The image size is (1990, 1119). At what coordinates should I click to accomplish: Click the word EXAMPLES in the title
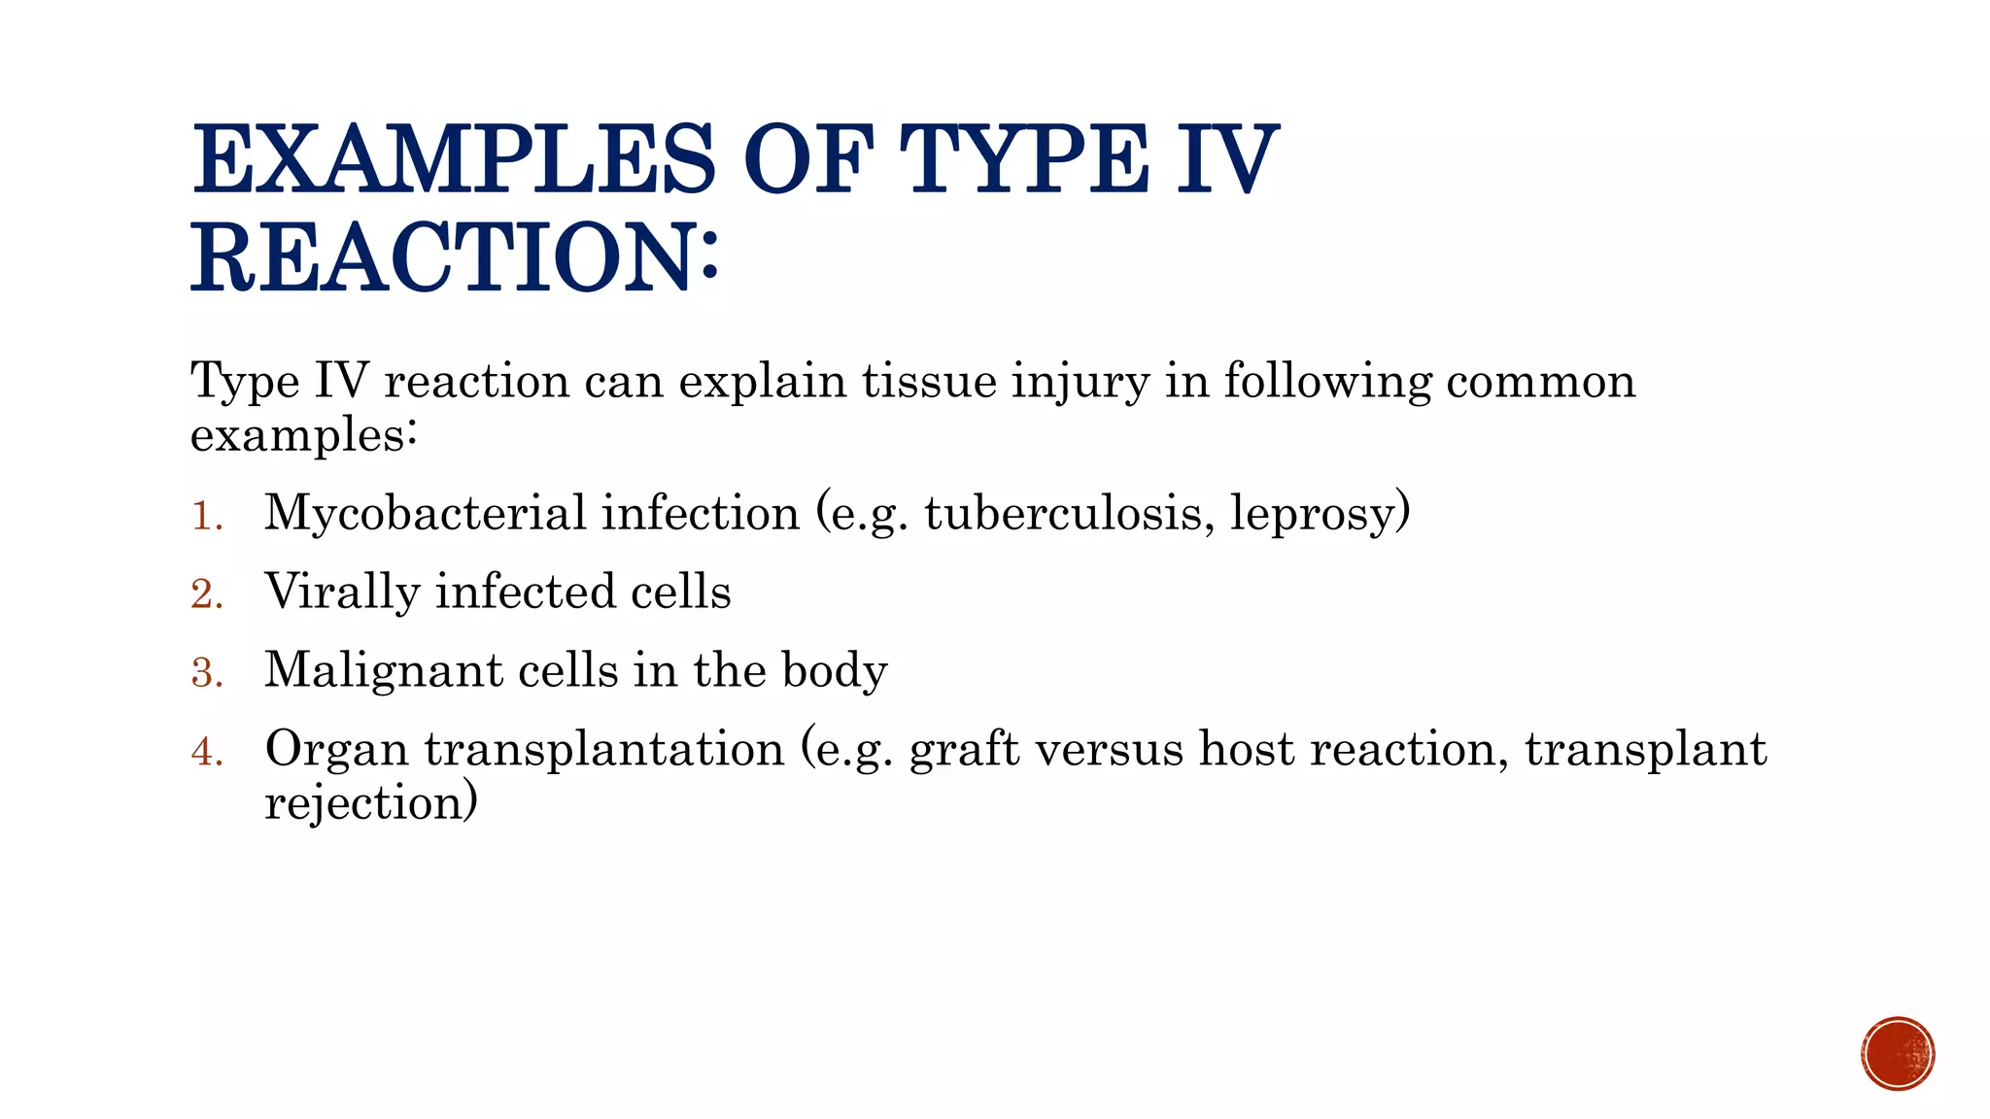coord(453,159)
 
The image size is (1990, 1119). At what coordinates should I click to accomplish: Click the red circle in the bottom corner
coord(1898,1054)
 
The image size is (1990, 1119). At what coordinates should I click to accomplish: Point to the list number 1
coord(205,516)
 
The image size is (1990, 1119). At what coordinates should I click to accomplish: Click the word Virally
coord(341,593)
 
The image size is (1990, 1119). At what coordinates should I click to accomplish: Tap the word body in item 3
coord(835,671)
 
